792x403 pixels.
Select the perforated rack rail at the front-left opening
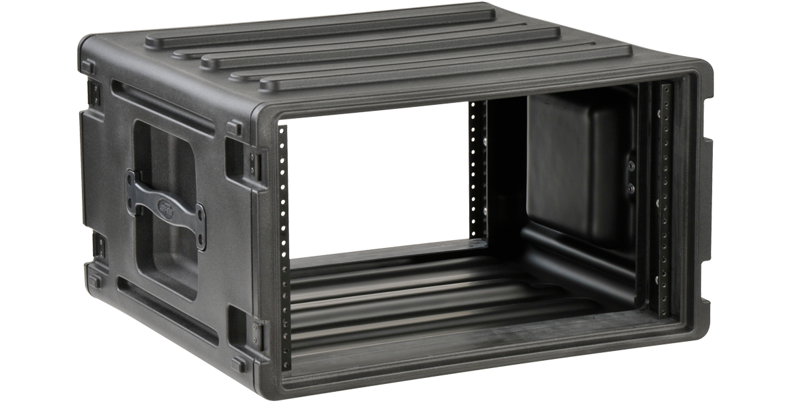coord(284,244)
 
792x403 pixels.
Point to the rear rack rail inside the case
coord(480,165)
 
